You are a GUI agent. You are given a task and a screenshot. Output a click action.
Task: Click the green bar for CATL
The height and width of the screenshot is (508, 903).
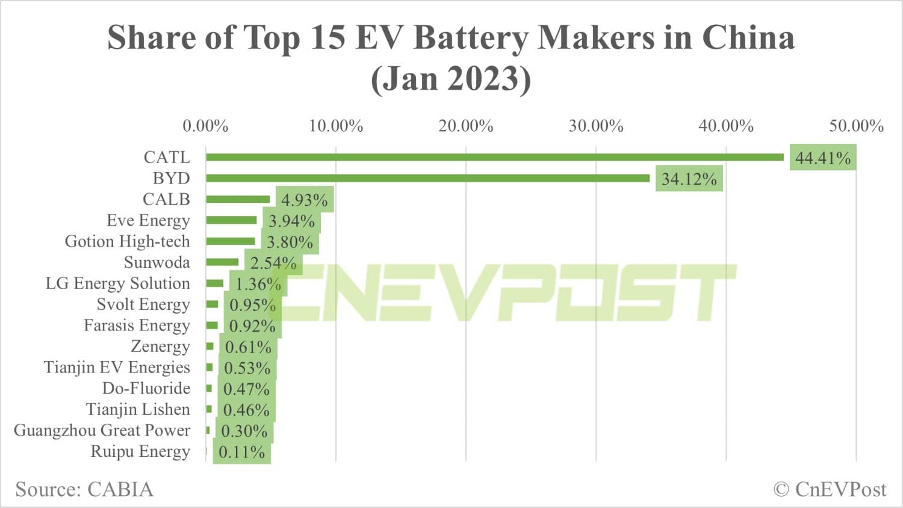(494, 157)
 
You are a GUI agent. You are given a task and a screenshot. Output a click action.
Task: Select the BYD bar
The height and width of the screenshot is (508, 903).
(427, 178)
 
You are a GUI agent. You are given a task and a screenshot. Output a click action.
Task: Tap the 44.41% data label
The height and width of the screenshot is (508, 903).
(822, 158)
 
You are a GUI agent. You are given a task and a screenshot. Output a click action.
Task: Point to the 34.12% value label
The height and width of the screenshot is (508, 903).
(689, 179)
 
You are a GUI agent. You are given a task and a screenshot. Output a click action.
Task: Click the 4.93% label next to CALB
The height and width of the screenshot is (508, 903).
(304, 200)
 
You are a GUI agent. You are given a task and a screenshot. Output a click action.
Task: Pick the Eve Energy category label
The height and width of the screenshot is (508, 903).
(148, 220)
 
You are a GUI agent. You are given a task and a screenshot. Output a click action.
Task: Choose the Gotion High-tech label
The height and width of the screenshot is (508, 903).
(127, 241)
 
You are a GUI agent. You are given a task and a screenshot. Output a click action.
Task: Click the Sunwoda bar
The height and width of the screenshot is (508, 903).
(222, 262)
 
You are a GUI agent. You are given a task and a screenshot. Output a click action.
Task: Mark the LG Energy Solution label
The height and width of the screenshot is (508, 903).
(117, 283)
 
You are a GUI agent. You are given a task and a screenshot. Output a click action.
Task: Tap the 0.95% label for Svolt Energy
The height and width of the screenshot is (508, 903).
(252, 305)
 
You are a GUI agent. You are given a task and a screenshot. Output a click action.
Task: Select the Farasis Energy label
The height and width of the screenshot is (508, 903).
(137, 326)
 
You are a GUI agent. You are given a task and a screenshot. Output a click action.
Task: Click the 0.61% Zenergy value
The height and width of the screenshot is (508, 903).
(248, 347)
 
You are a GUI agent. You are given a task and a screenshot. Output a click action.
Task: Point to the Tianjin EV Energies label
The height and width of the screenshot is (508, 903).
(117, 367)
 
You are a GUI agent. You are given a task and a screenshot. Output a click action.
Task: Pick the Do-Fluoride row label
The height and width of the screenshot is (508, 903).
(146, 388)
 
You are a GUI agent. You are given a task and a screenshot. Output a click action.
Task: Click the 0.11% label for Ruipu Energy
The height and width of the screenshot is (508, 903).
(241, 452)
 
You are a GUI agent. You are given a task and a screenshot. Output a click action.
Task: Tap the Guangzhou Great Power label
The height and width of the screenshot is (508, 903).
(102, 430)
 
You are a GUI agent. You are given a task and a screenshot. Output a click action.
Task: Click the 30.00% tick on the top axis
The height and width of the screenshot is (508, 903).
(596, 126)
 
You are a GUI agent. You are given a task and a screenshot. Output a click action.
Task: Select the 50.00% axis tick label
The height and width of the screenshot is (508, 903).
(856, 126)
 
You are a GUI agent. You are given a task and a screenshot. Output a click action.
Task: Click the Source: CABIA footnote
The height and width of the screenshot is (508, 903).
(84, 489)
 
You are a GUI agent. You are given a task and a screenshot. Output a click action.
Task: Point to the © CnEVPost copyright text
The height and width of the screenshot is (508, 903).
(830, 489)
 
